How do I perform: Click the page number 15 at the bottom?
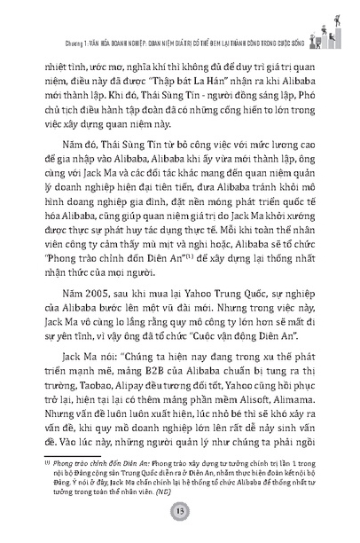(179, 518)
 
